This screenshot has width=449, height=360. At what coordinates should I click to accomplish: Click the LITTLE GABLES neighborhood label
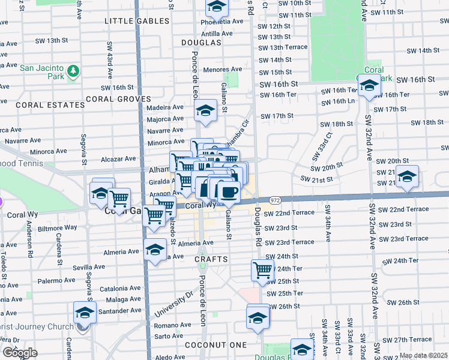coord(137,21)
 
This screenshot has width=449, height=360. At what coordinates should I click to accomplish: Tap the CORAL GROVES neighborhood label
coord(118,99)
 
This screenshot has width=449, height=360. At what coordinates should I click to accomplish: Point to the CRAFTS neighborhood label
coord(211,259)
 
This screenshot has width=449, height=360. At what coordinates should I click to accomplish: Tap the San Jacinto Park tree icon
coord(74,71)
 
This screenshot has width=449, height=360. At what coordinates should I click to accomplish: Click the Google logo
coord(20,353)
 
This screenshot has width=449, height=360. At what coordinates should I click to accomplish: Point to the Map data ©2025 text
coord(423,355)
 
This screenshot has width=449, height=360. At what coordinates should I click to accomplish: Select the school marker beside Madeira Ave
coord(205,111)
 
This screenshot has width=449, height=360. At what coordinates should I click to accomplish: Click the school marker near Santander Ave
coord(85,313)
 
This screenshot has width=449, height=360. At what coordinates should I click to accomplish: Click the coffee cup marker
coord(228,192)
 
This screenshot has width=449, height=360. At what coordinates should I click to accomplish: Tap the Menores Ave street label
coord(222,70)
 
